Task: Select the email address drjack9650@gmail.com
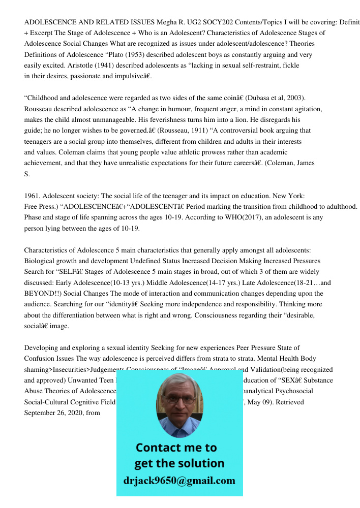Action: (x=179, y=481)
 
